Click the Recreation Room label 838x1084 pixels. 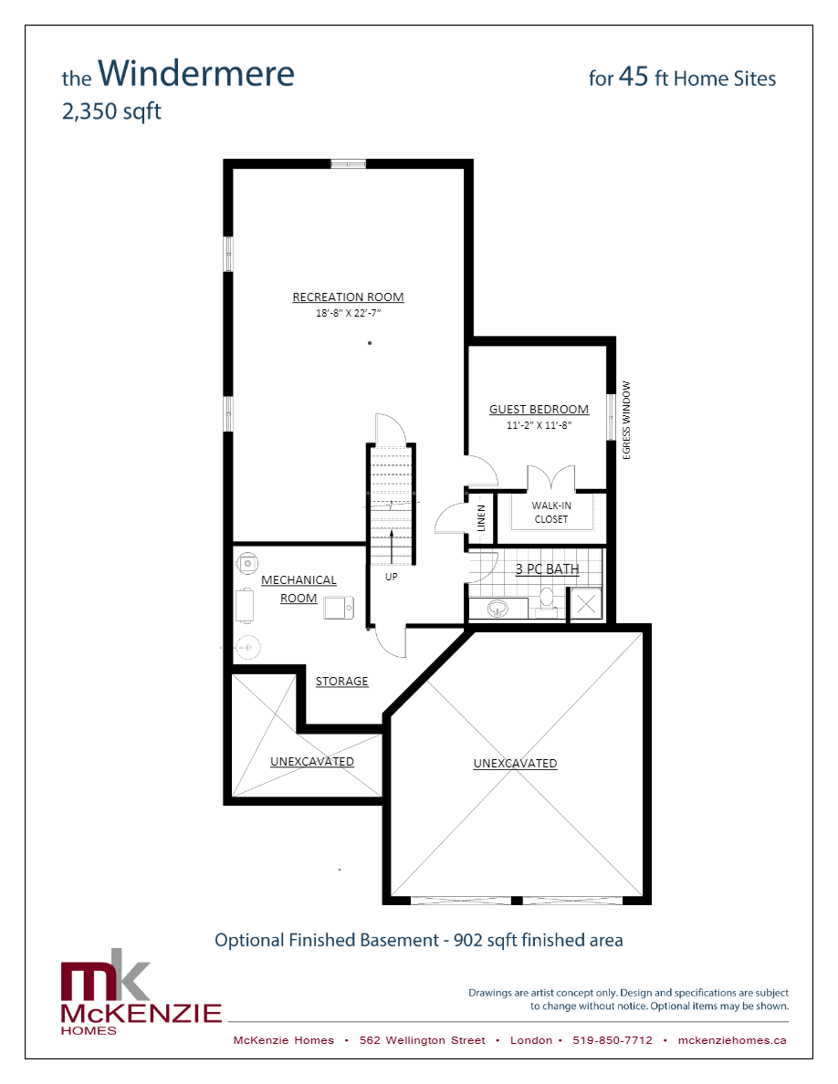348,297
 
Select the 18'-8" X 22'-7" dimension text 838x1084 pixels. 348,313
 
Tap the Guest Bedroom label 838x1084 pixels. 539,410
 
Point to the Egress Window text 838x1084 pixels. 627,420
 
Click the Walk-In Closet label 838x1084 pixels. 550,512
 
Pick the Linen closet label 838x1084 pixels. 481,518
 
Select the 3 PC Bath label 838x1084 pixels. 548,569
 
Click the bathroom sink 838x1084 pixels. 499,608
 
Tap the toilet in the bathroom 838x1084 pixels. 547,599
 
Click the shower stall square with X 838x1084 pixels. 585,603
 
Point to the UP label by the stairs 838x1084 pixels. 391,577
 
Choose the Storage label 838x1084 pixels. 342,682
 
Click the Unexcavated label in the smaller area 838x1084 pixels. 311,762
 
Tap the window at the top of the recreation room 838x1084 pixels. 348,164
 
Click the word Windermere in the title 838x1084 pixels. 195,74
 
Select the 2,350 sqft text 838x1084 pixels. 111,112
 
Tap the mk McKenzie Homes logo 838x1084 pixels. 141,998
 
